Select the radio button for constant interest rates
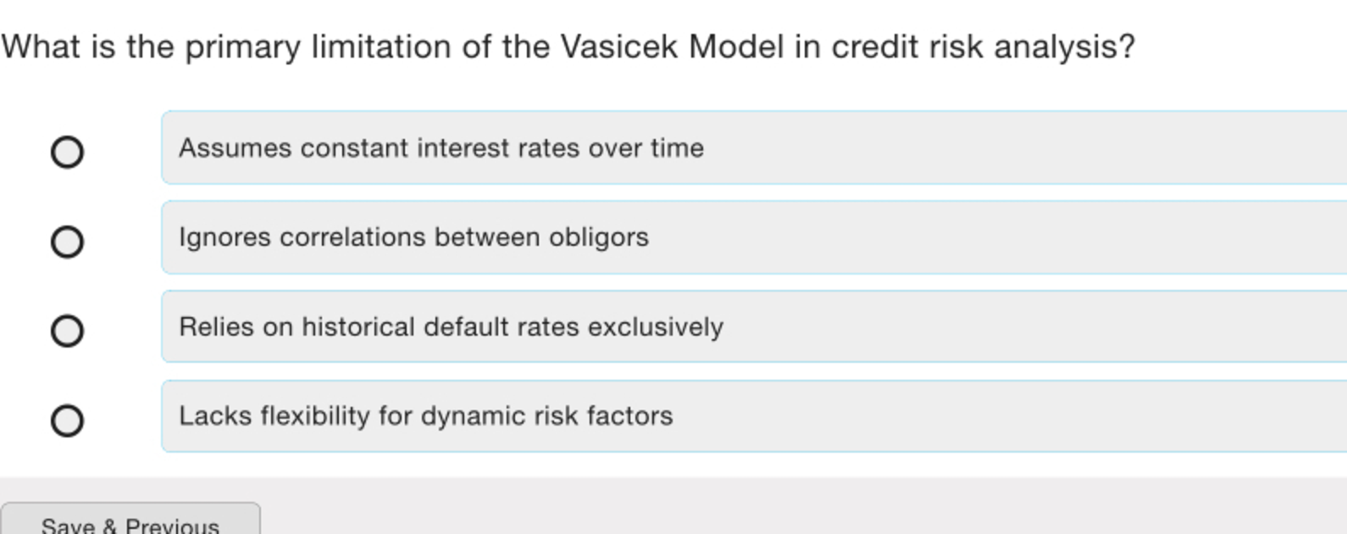coord(67,152)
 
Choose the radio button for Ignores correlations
coord(67,242)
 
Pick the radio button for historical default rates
coord(67,331)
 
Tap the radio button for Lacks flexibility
coord(67,420)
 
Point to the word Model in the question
coord(736,47)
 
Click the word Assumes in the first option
coord(236,148)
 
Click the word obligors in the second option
coord(599,237)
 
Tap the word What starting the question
coord(41,47)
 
